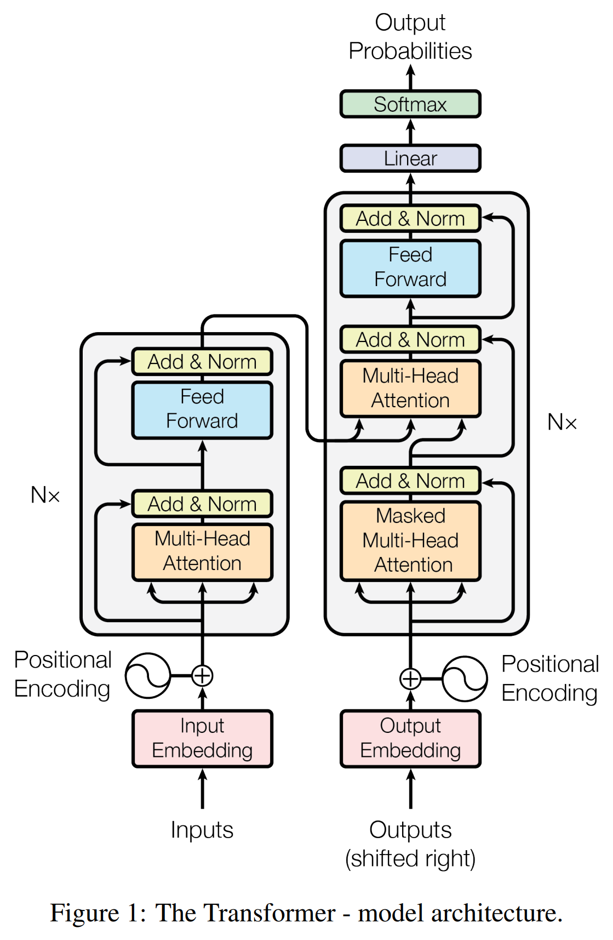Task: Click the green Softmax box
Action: point(410,104)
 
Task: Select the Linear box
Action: point(410,158)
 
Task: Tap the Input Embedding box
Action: point(202,738)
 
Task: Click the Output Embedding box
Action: point(410,738)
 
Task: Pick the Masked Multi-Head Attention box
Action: point(410,540)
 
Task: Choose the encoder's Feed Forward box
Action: point(202,409)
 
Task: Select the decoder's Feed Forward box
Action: point(410,268)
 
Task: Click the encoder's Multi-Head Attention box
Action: point(202,551)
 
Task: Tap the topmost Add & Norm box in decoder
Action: point(410,219)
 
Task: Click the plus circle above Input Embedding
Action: point(202,675)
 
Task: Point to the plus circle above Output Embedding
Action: point(410,679)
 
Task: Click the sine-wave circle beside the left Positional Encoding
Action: point(148,675)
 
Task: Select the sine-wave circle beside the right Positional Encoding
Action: point(465,679)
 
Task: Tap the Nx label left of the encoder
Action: point(45,495)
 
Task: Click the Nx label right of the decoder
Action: point(562,422)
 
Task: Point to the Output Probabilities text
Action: point(410,37)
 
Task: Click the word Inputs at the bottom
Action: point(202,830)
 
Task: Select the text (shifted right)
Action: point(410,858)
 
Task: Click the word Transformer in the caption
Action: point(245,913)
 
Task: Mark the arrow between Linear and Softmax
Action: point(410,132)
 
